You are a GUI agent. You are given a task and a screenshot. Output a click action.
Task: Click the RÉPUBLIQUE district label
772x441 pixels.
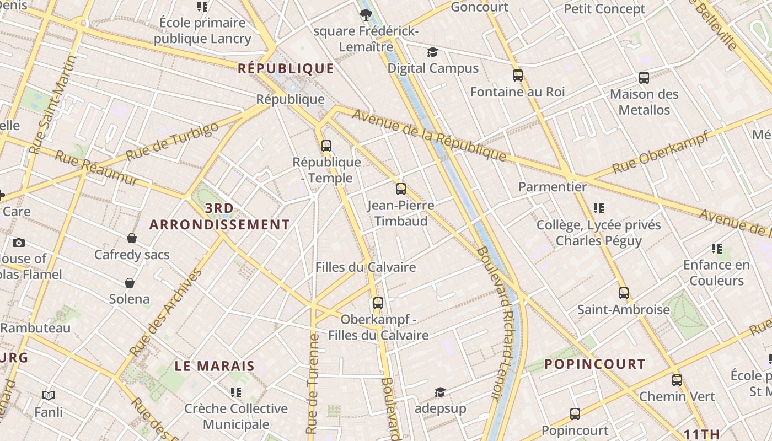[286, 68]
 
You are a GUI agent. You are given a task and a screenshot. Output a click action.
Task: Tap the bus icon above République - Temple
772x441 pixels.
[326, 146]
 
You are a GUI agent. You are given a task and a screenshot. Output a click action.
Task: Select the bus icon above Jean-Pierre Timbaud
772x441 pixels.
[401, 189]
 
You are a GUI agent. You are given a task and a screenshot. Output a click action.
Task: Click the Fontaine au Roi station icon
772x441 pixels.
[517, 76]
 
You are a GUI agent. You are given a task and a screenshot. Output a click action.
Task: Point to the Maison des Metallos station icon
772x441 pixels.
[644, 78]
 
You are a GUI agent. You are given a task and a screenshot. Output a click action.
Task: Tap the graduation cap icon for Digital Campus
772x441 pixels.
[433, 52]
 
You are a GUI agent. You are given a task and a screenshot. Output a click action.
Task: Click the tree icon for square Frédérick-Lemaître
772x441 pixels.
[366, 15]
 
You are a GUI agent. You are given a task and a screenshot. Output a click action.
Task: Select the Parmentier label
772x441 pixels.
[553, 187]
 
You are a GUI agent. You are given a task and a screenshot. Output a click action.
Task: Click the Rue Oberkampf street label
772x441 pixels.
[660, 153]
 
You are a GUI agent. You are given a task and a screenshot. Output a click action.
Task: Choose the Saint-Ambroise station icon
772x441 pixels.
[624, 293]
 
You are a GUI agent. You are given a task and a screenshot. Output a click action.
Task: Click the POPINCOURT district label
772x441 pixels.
[594, 364]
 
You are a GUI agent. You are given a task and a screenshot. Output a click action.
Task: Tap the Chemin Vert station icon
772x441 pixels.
[677, 380]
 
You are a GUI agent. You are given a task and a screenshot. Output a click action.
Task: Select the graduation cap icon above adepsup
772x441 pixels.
[440, 392]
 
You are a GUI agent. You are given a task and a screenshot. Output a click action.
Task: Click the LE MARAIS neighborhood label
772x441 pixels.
[215, 366]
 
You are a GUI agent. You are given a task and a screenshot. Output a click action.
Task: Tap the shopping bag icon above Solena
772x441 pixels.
[130, 283]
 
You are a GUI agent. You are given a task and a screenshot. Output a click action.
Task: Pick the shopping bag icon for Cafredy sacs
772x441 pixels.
[132, 238]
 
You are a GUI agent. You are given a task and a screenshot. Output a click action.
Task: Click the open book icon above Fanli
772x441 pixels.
[49, 396]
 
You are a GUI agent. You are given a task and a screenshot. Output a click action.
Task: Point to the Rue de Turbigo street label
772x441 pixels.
[172, 142]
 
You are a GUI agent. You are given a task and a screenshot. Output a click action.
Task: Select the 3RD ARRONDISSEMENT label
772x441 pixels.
[219, 217]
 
